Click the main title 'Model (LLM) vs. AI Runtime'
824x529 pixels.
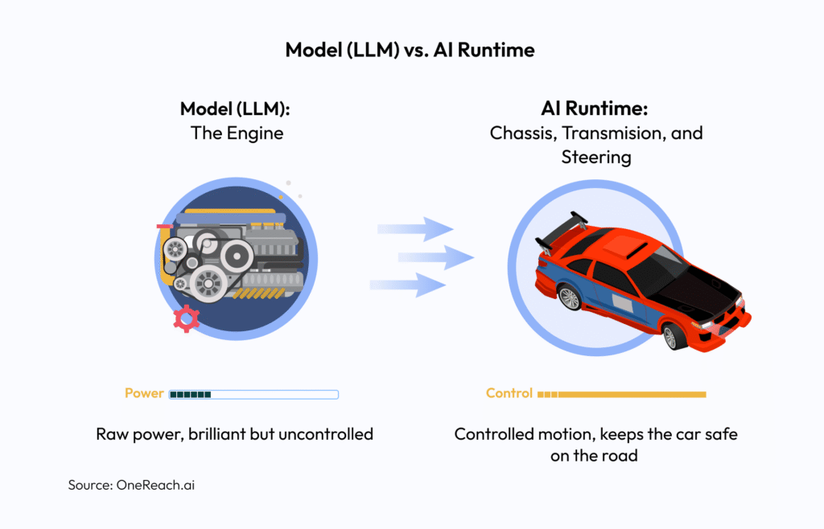tap(411, 50)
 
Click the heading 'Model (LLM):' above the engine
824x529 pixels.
tap(237, 109)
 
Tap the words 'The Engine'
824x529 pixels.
tap(237, 133)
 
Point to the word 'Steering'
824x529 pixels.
tap(596, 157)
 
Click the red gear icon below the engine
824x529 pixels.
tap(186, 319)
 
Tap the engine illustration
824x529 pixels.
tap(233, 253)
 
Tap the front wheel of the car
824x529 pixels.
tap(670, 337)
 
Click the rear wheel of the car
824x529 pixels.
tap(570, 297)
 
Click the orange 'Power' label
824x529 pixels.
tap(144, 394)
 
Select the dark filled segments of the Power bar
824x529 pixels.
tap(190, 395)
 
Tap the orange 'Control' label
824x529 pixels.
tap(509, 394)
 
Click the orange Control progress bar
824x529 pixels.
tap(628, 395)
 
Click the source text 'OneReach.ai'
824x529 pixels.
tap(161, 486)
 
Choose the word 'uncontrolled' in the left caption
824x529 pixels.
tap(325, 435)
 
